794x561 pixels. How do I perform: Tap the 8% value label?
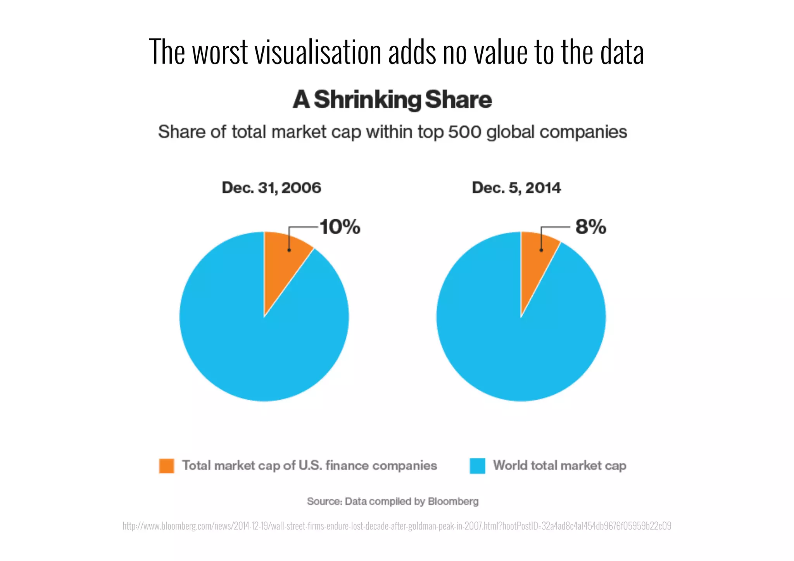pyautogui.click(x=590, y=227)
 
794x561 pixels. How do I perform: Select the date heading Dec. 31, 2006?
pyautogui.click(x=271, y=188)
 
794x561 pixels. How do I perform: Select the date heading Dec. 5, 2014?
pyautogui.click(x=516, y=188)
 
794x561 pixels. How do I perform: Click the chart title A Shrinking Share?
pyautogui.click(x=392, y=100)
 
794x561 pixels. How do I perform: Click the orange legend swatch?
pyautogui.click(x=167, y=466)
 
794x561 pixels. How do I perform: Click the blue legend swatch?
pyautogui.click(x=477, y=466)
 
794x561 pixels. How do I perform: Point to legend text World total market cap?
pyautogui.click(x=559, y=466)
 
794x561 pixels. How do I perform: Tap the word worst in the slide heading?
pyautogui.click(x=220, y=52)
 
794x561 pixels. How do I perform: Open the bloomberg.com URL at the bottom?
pyautogui.click(x=397, y=526)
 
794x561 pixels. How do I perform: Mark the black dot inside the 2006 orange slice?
pyautogui.click(x=289, y=250)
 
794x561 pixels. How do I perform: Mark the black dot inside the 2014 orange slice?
pyautogui.click(x=541, y=250)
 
